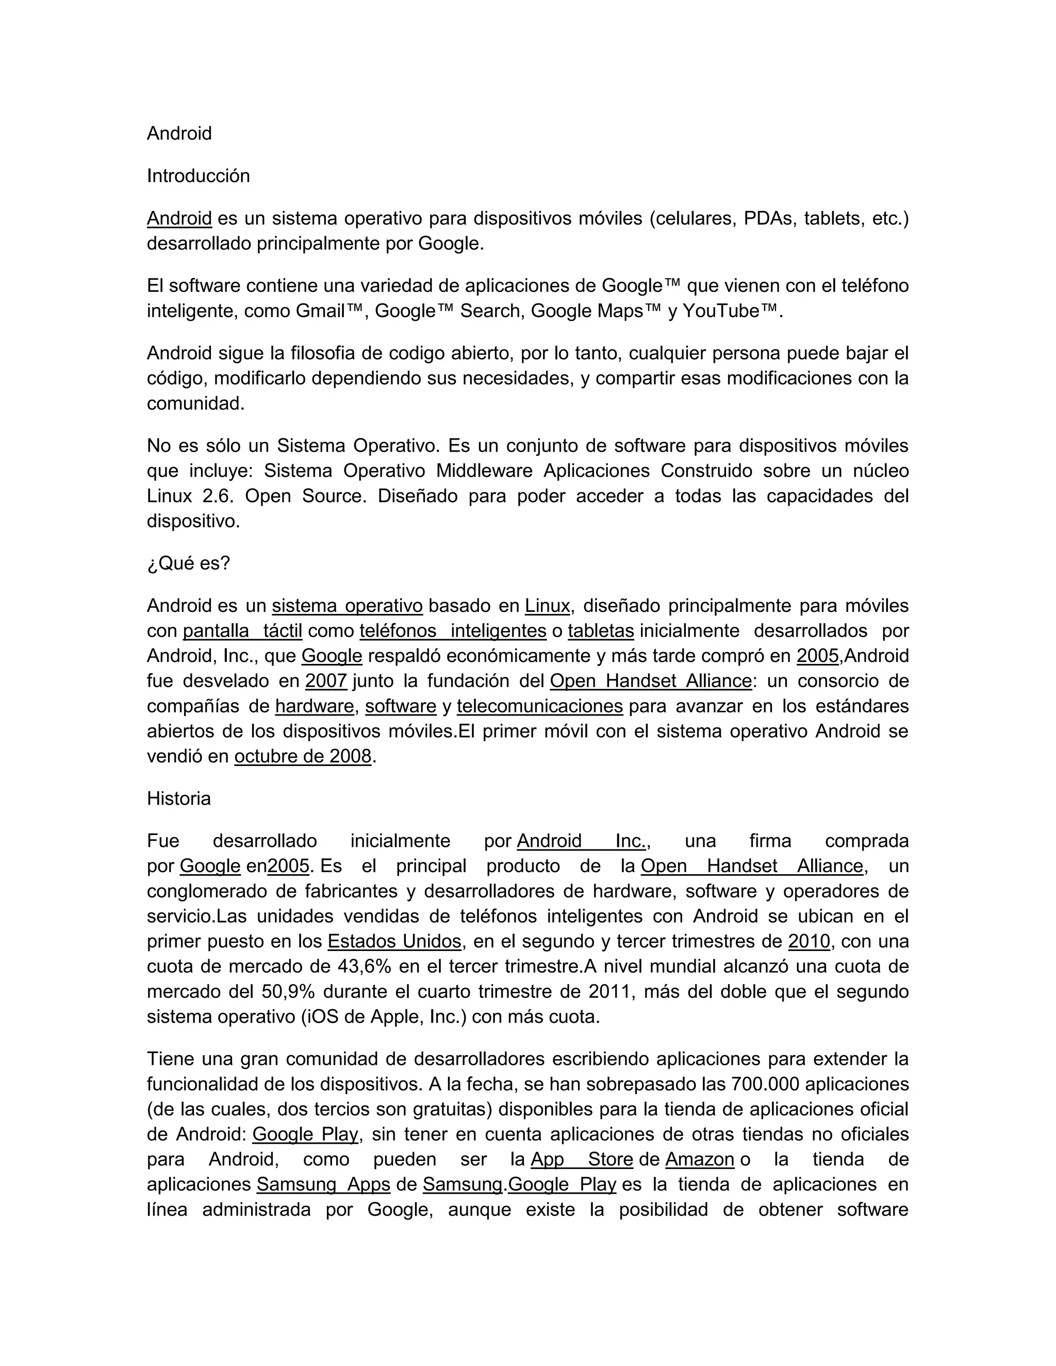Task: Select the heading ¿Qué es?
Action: [188, 563]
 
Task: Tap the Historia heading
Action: [178, 798]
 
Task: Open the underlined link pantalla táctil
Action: [242, 631]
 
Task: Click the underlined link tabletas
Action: [601, 631]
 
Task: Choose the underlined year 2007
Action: [326, 681]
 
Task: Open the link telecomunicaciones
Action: [539, 706]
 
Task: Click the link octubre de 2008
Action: [303, 757]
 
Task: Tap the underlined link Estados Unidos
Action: [394, 941]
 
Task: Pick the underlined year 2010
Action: [808, 941]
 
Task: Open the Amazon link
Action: [699, 1160]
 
